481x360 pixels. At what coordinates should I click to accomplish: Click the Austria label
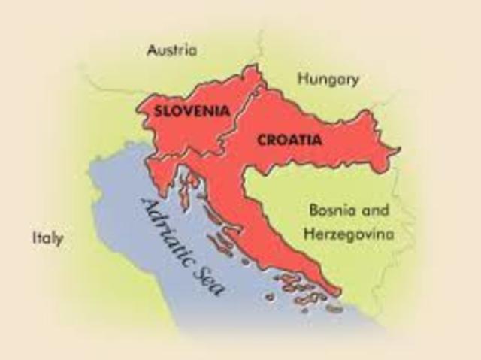pos(172,50)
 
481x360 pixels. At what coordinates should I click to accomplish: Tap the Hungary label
pos(328,79)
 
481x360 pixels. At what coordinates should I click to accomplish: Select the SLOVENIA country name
pos(191,110)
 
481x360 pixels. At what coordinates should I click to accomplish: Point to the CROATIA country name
pos(289,139)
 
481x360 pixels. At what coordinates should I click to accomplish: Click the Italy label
pos(47,239)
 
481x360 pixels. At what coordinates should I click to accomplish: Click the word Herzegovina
pos(349,234)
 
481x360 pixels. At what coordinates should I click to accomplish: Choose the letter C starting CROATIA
pos(262,140)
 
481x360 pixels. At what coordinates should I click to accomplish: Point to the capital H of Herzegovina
pos(309,234)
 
